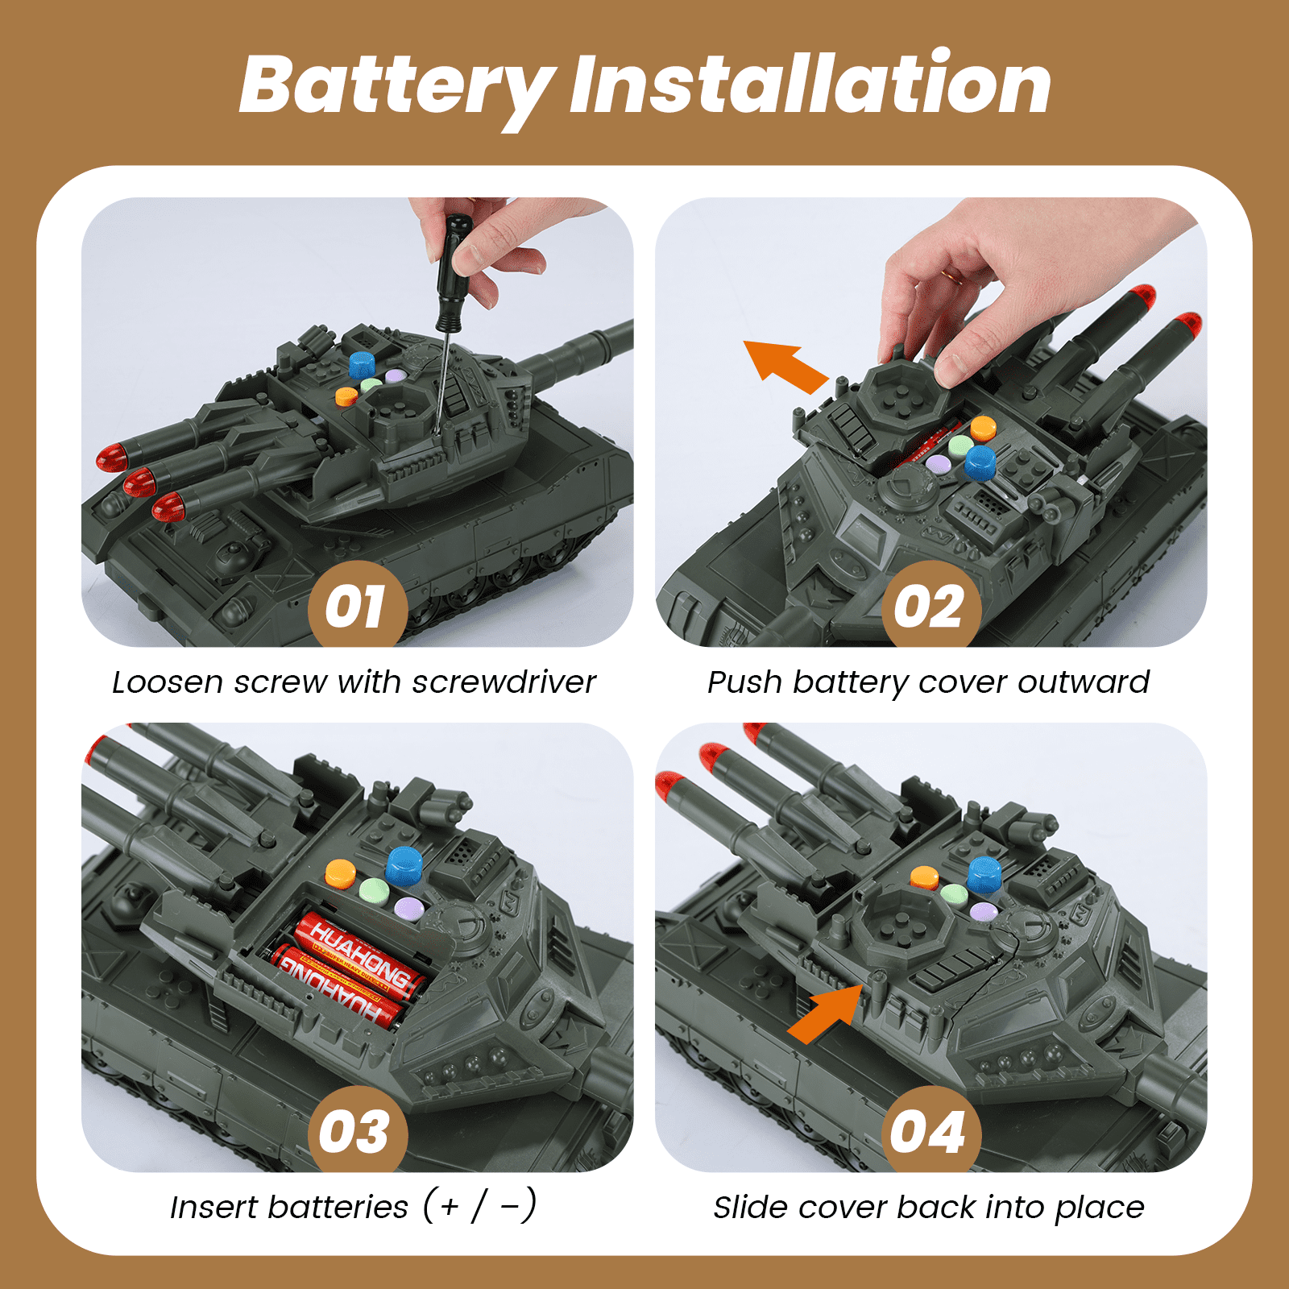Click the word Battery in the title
point(397,87)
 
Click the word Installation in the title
point(810,82)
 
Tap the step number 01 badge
point(357,606)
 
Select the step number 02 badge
point(930,606)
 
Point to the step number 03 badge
point(357,1130)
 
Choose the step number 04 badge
point(930,1130)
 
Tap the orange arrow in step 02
point(785,367)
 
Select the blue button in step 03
point(404,866)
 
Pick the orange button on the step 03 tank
point(340,873)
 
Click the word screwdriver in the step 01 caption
point(504,682)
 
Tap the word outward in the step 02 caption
point(1084,682)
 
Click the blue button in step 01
point(363,365)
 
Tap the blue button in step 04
point(984,875)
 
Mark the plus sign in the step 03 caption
point(450,1207)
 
